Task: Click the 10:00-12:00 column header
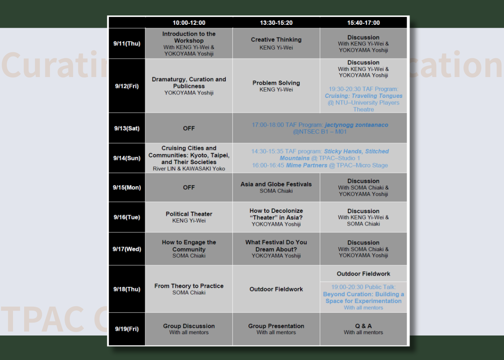(x=189, y=23)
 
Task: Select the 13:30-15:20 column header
(x=276, y=23)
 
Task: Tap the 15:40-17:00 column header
(x=363, y=23)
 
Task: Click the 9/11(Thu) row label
(x=127, y=44)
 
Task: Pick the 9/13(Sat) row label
(x=127, y=128)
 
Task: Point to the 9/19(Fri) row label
(x=127, y=329)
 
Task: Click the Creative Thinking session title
(x=276, y=40)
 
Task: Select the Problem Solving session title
(x=276, y=83)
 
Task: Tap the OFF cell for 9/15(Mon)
(x=189, y=188)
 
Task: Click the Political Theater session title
(x=189, y=214)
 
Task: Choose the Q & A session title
(x=363, y=326)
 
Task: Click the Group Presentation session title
(x=276, y=326)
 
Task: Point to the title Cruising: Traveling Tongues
(x=363, y=96)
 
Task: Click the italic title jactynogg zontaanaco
(x=356, y=125)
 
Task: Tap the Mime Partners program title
(x=306, y=165)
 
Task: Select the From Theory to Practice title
(x=189, y=286)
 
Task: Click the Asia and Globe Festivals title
(x=276, y=184)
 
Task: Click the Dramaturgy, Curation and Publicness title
(x=189, y=82)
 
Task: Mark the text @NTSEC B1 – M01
(x=320, y=132)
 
